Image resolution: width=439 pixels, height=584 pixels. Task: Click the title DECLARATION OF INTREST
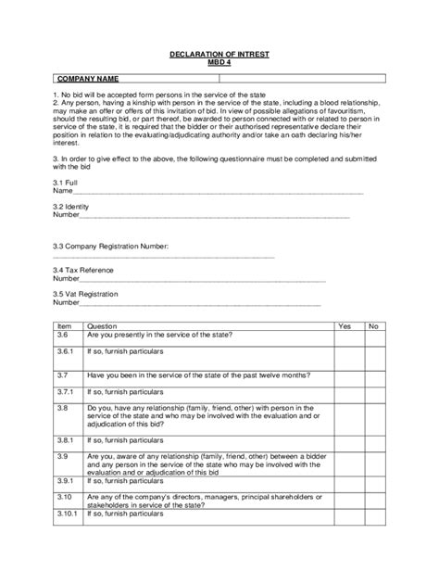point(219,56)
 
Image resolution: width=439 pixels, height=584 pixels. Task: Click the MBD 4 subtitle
point(219,63)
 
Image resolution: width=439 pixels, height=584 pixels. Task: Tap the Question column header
point(102,326)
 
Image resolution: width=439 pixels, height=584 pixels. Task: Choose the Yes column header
point(345,326)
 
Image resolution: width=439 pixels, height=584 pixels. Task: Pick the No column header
point(373,326)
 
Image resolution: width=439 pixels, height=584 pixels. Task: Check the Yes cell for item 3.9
point(345,463)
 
